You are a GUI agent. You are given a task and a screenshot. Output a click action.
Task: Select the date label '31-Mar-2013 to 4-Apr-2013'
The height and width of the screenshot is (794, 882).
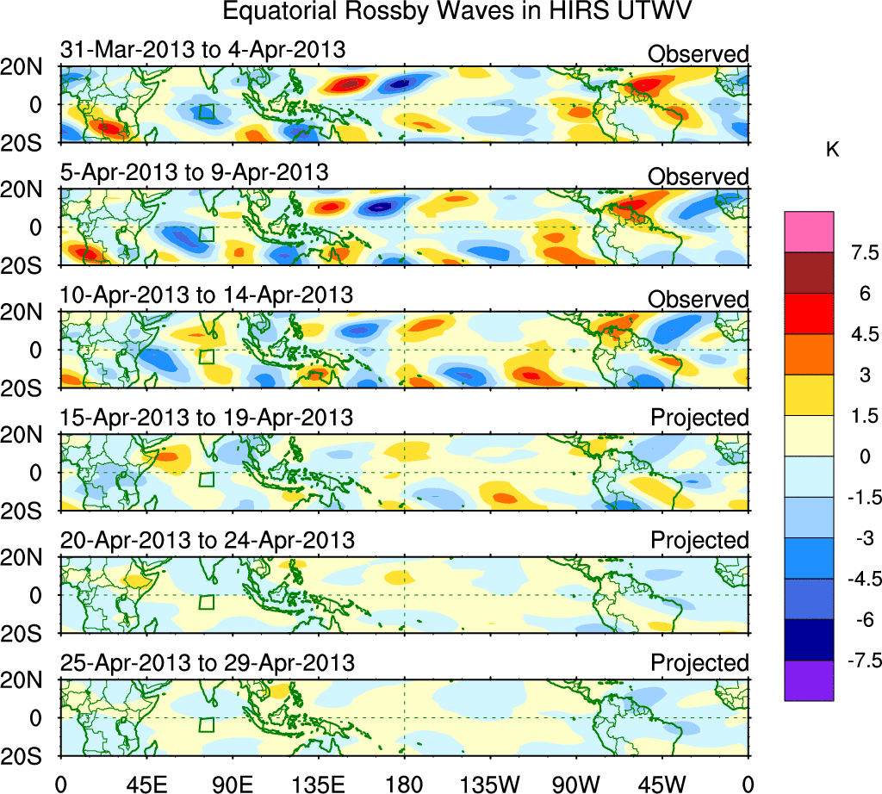tap(202, 50)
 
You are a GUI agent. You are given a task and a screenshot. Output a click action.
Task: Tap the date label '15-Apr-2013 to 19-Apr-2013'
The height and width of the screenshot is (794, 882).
tap(206, 418)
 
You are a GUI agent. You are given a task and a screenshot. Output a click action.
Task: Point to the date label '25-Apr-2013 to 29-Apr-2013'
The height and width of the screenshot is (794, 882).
tap(207, 663)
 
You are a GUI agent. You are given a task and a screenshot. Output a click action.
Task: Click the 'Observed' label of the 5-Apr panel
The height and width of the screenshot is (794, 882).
tap(698, 177)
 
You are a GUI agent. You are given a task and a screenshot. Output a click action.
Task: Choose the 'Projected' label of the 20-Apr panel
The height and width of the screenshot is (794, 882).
tap(699, 540)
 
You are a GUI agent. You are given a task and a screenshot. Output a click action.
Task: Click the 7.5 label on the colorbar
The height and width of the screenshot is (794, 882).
tap(861, 253)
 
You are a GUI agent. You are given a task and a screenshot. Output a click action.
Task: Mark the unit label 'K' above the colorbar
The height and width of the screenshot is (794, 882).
tap(833, 150)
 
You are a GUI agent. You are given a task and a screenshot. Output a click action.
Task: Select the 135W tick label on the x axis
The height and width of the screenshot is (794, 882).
tap(489, 782)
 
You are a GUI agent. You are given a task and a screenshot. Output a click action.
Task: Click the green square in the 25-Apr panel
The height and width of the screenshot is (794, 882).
tap(206, 724)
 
